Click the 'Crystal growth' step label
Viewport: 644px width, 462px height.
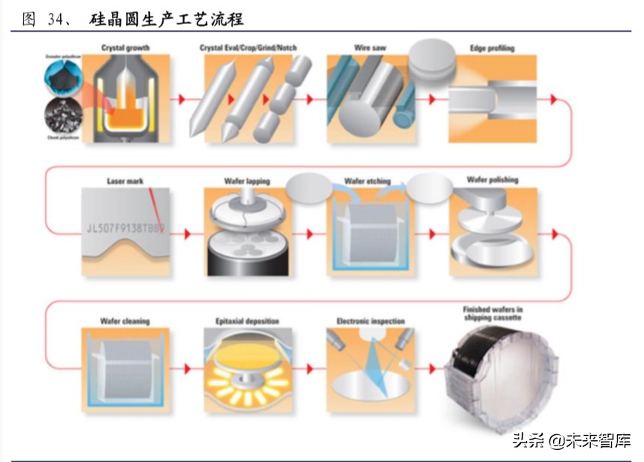point(125,48)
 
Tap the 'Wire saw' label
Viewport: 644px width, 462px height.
point(369,48)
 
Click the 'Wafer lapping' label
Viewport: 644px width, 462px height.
point(247,181)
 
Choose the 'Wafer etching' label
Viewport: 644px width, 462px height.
point(367,181)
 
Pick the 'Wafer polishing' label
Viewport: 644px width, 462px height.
point(492,180)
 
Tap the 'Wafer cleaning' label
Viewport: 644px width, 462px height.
point(125,321)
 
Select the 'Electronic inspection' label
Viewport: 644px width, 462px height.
point(370,321)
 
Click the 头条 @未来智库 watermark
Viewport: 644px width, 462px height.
point(572,440)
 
